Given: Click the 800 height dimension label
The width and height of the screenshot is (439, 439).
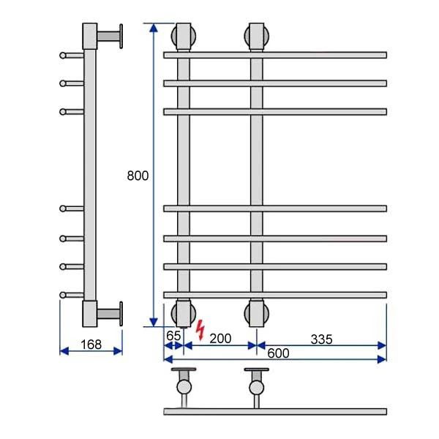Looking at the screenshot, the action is click(138, 176).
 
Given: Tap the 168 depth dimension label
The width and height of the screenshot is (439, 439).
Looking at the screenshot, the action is click(91, 345).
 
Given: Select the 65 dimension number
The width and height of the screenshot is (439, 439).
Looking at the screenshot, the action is click(173, 336).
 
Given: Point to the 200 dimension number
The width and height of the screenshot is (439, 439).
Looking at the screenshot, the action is click(221, 339).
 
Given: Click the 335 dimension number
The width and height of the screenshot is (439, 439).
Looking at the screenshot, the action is click(322, 339).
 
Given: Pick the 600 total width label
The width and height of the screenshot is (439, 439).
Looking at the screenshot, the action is click(278, 353).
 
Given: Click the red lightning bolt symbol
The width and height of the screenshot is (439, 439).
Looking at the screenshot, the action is click(200, 331).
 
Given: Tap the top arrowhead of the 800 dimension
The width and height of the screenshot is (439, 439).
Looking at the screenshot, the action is click(154, 28).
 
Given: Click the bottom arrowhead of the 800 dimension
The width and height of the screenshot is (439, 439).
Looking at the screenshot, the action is click(154, 322).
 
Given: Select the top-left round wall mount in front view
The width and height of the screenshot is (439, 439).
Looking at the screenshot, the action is click(184, 37).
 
